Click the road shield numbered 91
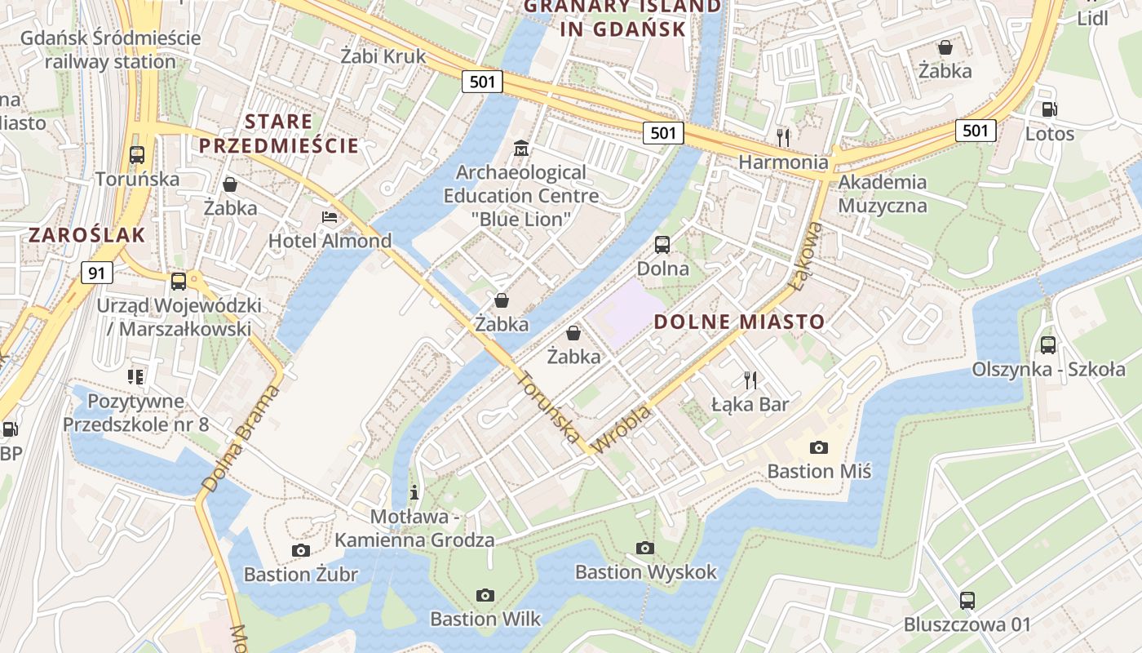point(96,273)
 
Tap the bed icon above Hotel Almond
point(330,217)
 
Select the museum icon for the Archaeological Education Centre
point(520,149)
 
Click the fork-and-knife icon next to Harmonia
point(783,136)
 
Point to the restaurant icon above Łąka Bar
point(750,380)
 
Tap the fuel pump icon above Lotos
point(1050,109)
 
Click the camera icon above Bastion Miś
point(819,447)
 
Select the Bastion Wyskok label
point(645,572)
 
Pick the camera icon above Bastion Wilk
point(485,595)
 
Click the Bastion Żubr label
point(300,575)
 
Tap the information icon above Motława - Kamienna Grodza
point(414,492)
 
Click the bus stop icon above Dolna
point(662,244)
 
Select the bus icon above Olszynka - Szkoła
point(1048,344)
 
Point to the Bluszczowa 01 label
point(967,625)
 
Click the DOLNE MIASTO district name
point(739,322)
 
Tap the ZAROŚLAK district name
point(87,236)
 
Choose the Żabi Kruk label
point(383,56)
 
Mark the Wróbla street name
point(622,429)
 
